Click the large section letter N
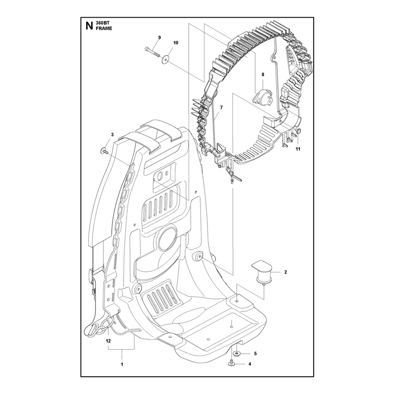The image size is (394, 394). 89,26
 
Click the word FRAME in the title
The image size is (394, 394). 104,29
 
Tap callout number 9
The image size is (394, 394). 159,37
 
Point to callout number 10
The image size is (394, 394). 176,43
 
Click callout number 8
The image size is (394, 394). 263,75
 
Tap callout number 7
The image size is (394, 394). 221,107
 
